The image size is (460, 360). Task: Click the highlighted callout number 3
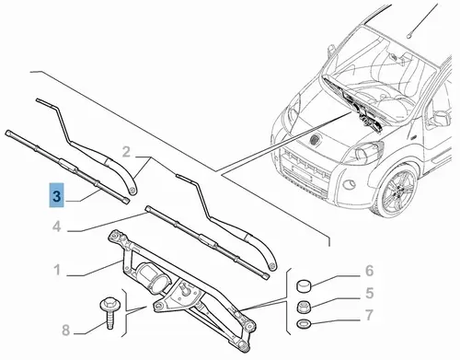[x=57, y=195]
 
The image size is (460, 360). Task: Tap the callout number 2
[x=126, y=152]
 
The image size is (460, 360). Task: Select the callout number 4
[x=57, y=226]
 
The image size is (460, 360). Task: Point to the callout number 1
[x=57, y=271]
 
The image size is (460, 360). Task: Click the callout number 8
[x=66, y=331]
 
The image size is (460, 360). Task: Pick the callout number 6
[x=370, y=271]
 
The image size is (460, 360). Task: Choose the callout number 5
[x=370, y=294]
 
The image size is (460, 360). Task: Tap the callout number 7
[x=370, y=315]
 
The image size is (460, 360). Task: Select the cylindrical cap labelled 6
[x=304, y=285]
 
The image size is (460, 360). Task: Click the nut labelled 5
[x=304, y=307]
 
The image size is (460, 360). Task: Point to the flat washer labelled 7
[x=304, y=323]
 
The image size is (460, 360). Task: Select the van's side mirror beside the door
[x=441, y=118]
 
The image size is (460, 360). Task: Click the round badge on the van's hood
[x=314, y=139]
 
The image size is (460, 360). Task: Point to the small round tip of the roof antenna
[x=409, y=36]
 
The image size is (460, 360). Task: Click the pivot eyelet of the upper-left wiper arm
[x=132, y=190]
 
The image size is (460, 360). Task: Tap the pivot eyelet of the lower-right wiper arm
[x=271, y=266]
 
